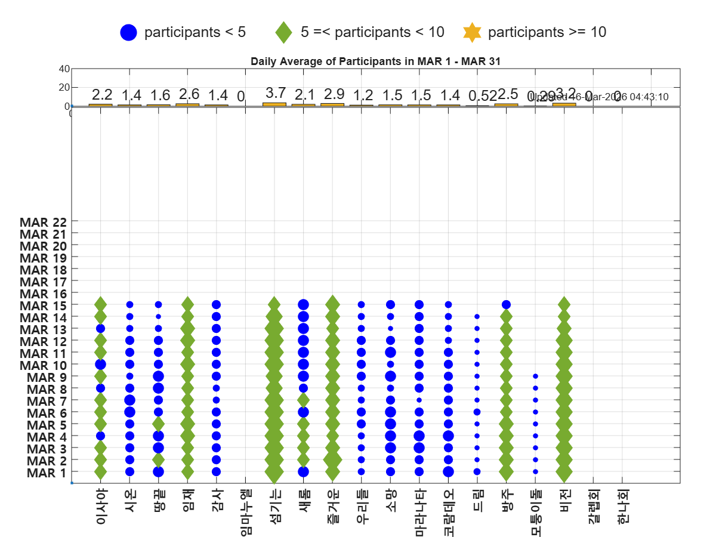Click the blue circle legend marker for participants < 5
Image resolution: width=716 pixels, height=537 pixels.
point(128,32)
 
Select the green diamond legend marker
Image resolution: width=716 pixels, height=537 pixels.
point(283,32)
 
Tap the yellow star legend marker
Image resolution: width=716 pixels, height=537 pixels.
point(472,32)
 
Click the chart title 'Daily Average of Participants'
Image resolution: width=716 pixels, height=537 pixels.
point(375,61)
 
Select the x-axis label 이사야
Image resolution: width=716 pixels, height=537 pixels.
point(101,507)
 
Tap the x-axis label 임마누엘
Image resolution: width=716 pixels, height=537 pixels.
point(245,512)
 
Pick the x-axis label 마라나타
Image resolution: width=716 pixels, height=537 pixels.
point(419,512)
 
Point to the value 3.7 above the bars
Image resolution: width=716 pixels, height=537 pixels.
point(275,94)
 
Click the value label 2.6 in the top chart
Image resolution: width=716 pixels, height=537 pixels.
point(188,94)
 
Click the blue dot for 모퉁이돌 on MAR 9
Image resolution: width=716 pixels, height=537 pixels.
point(535,376)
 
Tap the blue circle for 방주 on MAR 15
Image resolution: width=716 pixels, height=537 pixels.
point(506,305)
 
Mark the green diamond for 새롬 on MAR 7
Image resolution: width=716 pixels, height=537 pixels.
point(303,400)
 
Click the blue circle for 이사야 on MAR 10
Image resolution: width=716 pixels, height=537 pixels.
point(100,365)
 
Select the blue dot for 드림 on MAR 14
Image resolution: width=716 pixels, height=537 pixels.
point(477,317)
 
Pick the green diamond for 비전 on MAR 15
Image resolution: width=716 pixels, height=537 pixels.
point(564,305)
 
